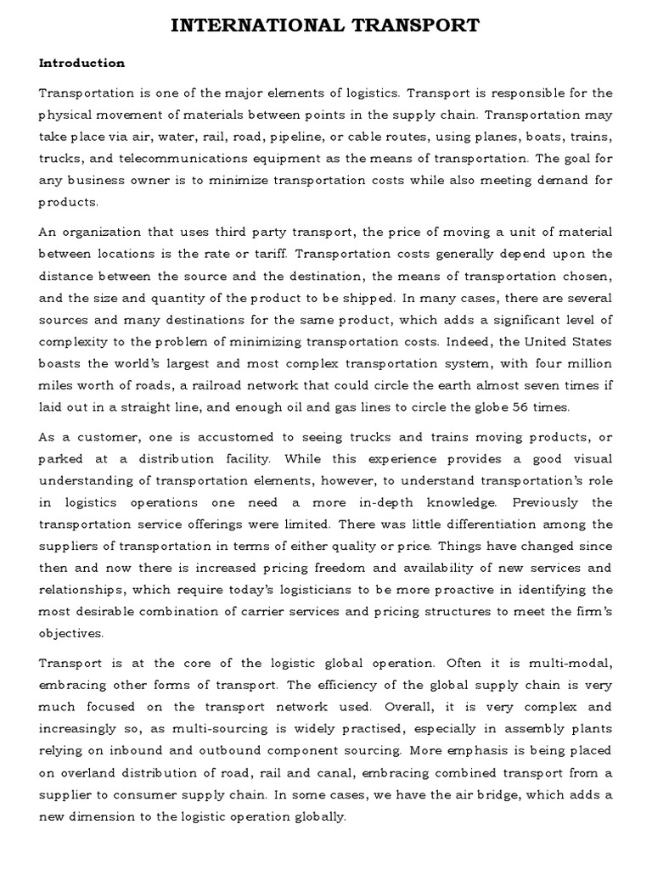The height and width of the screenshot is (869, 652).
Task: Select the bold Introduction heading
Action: click(81, 63)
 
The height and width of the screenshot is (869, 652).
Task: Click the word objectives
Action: click(71, 633)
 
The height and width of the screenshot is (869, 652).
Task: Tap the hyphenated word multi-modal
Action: click(573, 663)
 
